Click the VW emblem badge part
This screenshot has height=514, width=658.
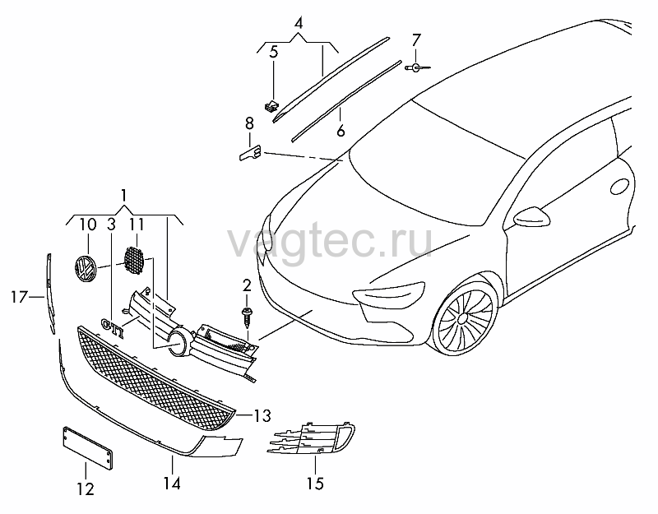pyautogui.click(x=86, y=269)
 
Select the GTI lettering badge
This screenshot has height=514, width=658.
pyautogui.click(x=113, y=327)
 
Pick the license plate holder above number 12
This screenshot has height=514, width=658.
pyautogui.click(x=87, y=448)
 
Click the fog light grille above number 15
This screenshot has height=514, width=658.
pyautogui.click(x=311, y=438)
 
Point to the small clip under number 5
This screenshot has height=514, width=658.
pyautogui.click(x=271, y=106)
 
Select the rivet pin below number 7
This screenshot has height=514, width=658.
pyautogui.click(x=417, y=67)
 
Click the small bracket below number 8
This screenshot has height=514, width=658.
pyautogui.click(x=250, y=152)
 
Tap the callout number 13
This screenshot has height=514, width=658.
pyautogui.click(x=262, y=416)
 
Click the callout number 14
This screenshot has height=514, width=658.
pyautogui.click(x=172, y=484)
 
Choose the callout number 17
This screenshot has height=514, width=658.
pyautogui.click(x=19, y=297)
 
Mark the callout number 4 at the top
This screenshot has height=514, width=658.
pyautogui.click(x=299, y=23)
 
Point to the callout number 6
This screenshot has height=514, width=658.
pyautogui.click(x=341, y=131)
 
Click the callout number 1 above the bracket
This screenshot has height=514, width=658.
pyautogui.click(x=124, y=195)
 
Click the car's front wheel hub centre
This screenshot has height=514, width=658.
pyautogui.click(x=462, y=318)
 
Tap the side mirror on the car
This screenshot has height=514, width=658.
pyautogui.click(x=531, y=216)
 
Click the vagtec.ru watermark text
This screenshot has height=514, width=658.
pyautogui.click(x=330, y=242)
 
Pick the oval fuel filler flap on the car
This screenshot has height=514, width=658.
pyautogui.click(x=619, y=186)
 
